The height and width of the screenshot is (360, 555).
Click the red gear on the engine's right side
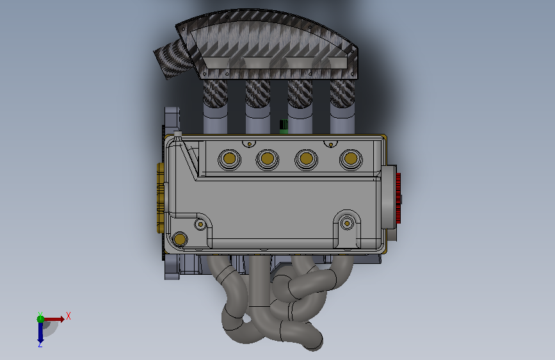tap(398, 198)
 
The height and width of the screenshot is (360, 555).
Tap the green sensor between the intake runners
tap(284, 126)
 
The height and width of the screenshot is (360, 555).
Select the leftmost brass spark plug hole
tap(229, 158)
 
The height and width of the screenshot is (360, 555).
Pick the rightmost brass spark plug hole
tap(350, 158)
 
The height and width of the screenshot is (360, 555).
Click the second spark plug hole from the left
tap(267, 159)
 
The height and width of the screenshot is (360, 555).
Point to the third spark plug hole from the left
tap(306, 159)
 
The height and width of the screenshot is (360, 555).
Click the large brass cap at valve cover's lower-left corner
tap(179, 239)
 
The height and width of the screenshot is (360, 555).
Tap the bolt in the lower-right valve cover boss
tap(347, 224)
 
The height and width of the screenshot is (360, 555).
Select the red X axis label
tap(68, 316)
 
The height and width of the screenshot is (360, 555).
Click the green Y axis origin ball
tap(41, 319)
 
